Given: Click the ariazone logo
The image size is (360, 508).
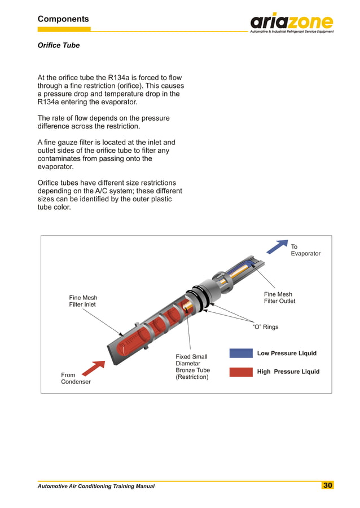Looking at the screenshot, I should click(292, 23).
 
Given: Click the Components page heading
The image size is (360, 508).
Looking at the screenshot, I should click(63, 19).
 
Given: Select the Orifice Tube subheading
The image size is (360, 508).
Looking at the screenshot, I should click(59, 45).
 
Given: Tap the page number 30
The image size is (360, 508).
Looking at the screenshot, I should click(328, 485).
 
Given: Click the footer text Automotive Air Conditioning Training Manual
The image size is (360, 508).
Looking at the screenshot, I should click(96, 486).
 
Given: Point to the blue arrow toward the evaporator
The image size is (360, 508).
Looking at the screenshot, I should click(276, 247).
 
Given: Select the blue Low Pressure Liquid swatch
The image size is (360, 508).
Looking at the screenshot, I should click(241, 354).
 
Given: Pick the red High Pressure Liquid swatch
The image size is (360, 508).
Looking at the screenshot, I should click(241, 372).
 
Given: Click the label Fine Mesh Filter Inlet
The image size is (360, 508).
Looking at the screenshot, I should click(83, 301).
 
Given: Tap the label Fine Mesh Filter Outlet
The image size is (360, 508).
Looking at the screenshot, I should click(279, 298).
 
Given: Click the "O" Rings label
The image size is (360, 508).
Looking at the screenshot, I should click(265, 327).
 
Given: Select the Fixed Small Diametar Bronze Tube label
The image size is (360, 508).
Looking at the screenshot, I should click(192, 366).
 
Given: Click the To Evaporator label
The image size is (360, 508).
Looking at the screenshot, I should click(305, 250).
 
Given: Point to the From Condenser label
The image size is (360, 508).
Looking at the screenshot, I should click(76, 378).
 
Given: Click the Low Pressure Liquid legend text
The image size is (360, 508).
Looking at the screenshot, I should click(287, 354).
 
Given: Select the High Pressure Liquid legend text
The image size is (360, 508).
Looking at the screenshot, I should click(288, 372).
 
